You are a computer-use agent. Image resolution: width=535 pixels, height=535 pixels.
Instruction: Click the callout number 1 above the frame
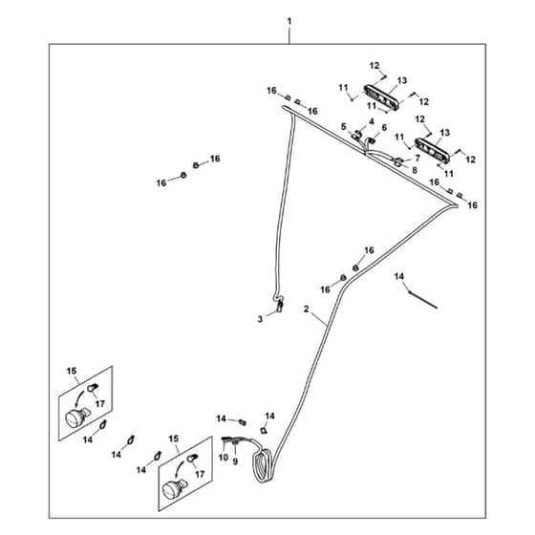[x=289, y=21]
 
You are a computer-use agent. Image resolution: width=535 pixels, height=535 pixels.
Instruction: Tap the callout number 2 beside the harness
[x=306, y=309]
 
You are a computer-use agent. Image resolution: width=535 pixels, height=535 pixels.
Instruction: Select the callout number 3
[x=260, y=319]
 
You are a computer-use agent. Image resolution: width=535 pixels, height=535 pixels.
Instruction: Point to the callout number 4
[x=372, y=121]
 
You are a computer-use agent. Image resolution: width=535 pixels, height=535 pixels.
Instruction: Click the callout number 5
[x=344, y=126]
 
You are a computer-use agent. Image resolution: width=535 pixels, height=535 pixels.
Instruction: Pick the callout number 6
[x=384, y=128]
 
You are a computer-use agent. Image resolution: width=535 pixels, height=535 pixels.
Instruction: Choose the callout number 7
[x=417, y=159]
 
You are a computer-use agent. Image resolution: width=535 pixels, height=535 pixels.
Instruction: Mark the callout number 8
[x=415, y=170]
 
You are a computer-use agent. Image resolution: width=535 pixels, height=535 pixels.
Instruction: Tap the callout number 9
[x=235, y=461]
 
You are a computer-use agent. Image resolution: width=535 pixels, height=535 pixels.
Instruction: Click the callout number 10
[x=224, y=458]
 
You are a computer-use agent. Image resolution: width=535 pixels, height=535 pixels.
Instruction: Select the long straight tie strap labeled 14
[x=423, y=300]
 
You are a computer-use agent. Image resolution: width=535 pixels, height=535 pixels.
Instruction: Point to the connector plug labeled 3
[x=279, y=306]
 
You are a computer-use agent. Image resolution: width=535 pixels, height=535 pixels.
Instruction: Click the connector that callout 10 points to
[x=225, y=439]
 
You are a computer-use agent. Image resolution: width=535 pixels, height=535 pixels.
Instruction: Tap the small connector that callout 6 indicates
[x=373, y=139]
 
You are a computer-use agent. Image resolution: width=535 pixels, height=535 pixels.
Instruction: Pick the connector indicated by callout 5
[x=356, y=135]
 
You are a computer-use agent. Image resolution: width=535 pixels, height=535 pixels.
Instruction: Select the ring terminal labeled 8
[x=397, y=163]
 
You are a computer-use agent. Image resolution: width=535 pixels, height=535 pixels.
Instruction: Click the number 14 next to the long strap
[x=399, y=276]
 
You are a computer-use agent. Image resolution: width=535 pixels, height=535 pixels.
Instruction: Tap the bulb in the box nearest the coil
[x=192, y=459]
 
